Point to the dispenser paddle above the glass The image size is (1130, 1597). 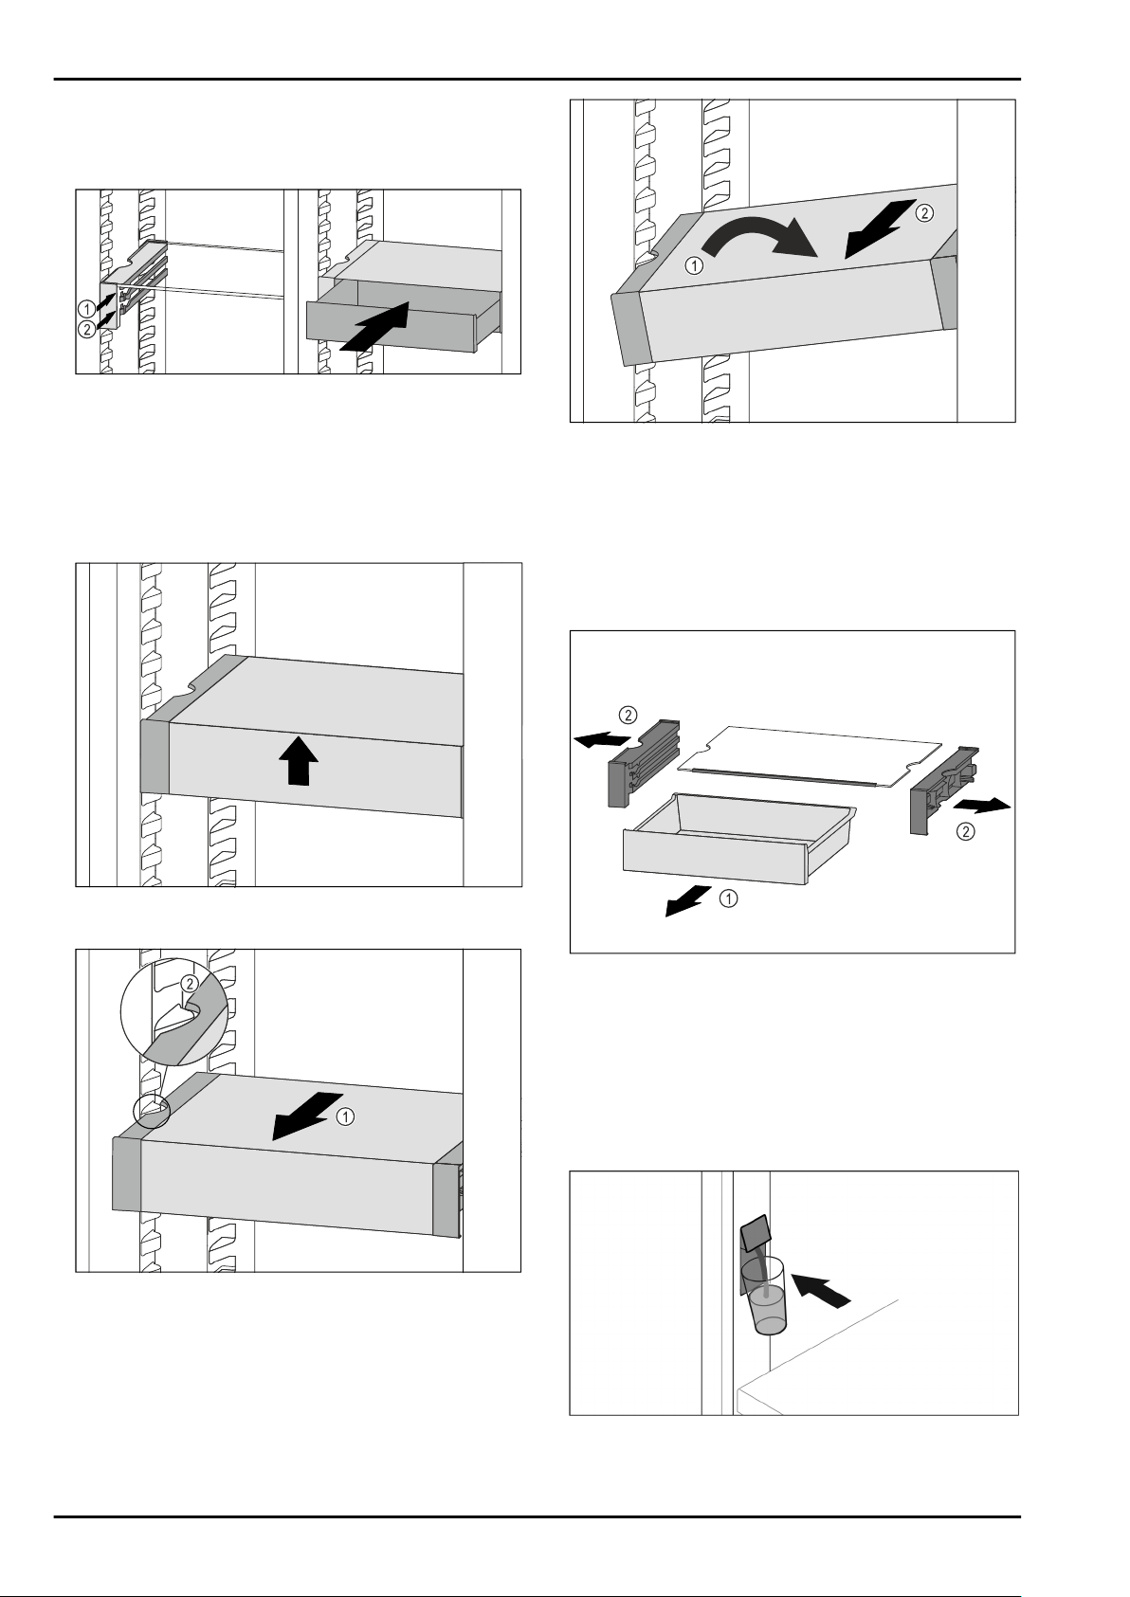[x=756, y=1235]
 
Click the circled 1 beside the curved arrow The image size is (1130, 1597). [x=695, y=266]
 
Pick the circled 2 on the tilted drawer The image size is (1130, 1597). [x=924, y=213]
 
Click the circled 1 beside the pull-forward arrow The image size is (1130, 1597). [x=346, y=1116]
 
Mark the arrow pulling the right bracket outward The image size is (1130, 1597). [x=982, y=805]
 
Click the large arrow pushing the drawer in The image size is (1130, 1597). [x=375, y=328]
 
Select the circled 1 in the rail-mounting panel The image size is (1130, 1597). [x=86, y=307]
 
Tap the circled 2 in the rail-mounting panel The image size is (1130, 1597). [x=86, y=329]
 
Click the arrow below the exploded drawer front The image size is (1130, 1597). [x=688, y=901]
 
